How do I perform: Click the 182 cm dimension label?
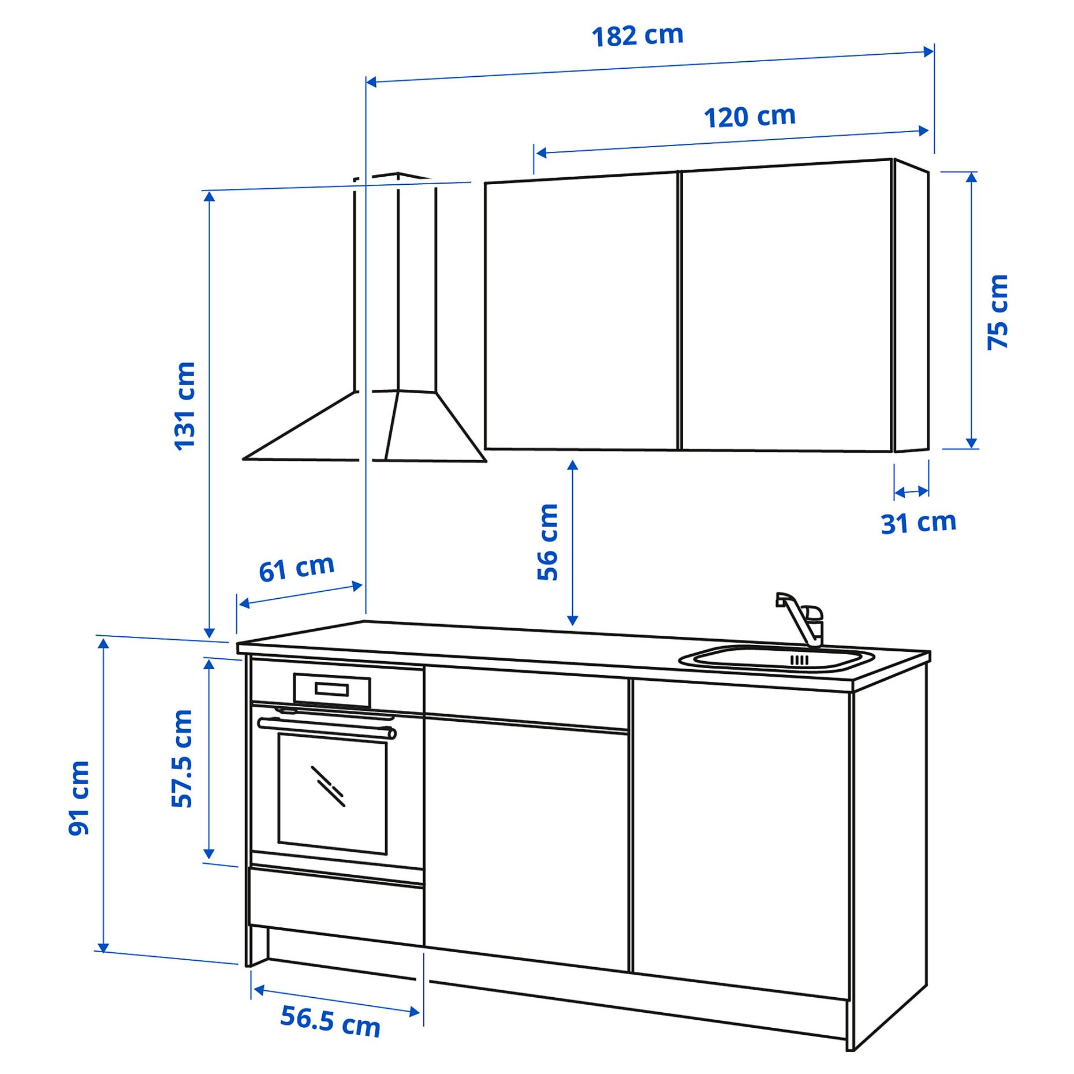click(x=637, y=36)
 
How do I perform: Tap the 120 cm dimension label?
click(x=749, y=117)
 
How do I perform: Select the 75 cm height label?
click(x=997, y=312)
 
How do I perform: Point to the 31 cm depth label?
click(x=918, y=523)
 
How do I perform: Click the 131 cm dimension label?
click(x=185, y=406)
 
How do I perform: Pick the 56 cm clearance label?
click(x=547, y=542)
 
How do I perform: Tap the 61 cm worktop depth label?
click(x=296, y=568)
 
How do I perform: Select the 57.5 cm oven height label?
click(x=182, y=758)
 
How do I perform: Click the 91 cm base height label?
click(x=79, y=798)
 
